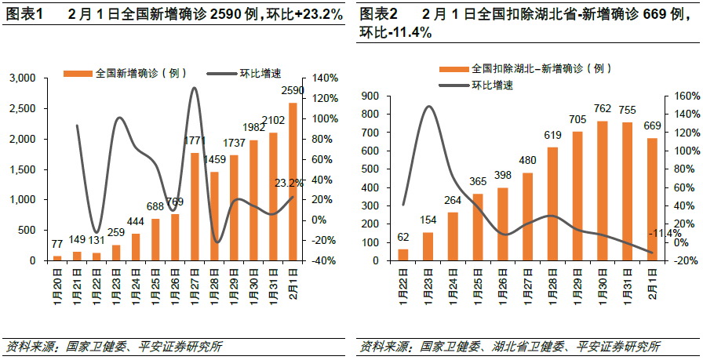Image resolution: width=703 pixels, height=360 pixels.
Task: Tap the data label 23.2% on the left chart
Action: pos(290,183)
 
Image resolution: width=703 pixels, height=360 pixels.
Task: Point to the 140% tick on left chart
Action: pos(326,78)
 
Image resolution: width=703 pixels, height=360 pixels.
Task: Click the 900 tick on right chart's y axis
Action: pos(372,96)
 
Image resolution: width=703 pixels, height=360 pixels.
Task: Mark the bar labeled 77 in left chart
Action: pos(57,257)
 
